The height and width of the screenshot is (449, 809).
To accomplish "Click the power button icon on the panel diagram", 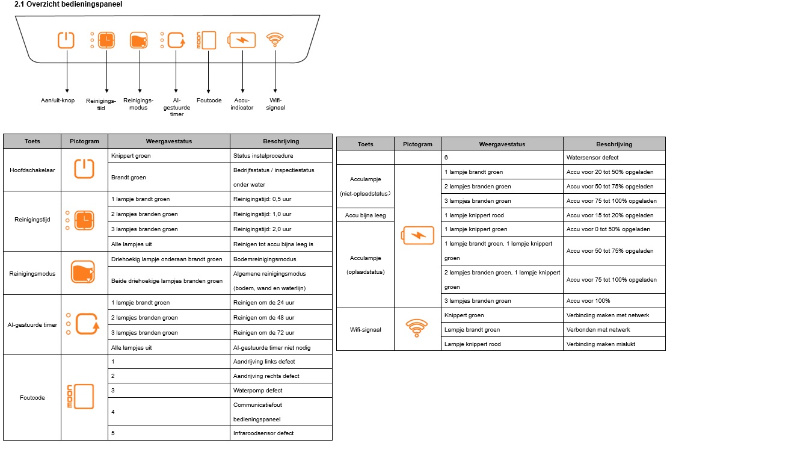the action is click(x=66, y=40).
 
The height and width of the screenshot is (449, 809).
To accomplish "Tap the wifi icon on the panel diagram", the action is click(x=275, y=39).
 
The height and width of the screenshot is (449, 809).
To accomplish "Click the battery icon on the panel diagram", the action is click(x=242, y=40).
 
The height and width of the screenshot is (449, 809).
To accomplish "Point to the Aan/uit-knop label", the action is click(x=58, y=101).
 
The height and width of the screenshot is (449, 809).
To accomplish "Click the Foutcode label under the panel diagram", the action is click(x=209, y=101).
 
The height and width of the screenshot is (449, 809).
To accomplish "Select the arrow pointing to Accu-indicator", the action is click(x=243, y=72).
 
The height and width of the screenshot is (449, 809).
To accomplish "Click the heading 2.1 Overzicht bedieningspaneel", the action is click(x=68, y=4).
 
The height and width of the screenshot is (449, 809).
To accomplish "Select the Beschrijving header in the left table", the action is click(x=281, y=141).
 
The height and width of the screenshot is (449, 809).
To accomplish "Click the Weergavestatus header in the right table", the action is click(x=502, y=144).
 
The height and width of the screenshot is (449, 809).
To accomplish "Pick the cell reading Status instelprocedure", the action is click(x=263, y=156).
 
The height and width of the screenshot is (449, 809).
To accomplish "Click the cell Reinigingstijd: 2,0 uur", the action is click(x=262, y=229).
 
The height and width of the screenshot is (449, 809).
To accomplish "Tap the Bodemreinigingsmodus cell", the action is click(x=265, y=259).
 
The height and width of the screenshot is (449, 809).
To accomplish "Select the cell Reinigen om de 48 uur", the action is click(x=263, y=318).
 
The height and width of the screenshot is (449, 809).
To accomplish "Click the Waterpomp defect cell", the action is click(x=258, y=391).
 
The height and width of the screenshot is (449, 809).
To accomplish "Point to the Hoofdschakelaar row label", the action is click(x=32, y=170).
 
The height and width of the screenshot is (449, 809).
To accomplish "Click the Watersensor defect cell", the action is click(x=592, y=158).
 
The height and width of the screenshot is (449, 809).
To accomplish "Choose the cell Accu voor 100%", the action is click(x=588, y=301).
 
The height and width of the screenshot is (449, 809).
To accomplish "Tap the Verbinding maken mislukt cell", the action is click(x=601, y=344).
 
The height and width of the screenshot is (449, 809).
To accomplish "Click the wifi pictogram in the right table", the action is click(x=417, y=328).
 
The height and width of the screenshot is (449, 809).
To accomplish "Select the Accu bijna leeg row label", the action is click(x=365, y=215).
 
